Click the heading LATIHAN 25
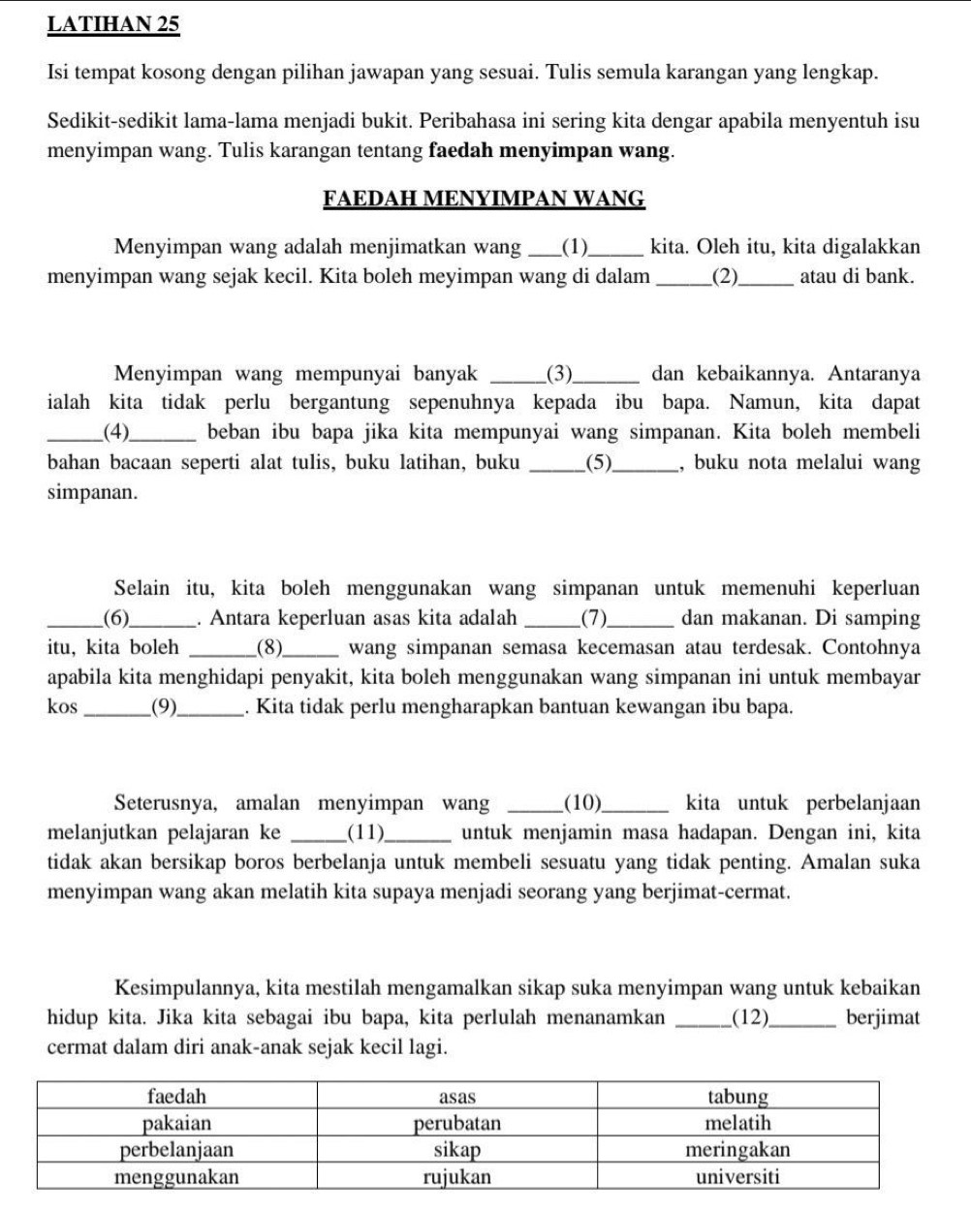click(113, 26)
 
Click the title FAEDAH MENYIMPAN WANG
click(485, 199)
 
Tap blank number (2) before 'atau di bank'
click(725, 276)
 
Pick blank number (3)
click(566, 373)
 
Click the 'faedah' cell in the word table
click(177, 1097)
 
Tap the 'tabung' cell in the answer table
click(737, 1097)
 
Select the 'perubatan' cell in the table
click(457, 1124)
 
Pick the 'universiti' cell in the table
click(737, 1177)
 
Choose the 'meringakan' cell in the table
click(737, 1150)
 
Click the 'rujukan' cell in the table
click(457, 1177)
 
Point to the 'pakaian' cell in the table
click(177, 1124)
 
